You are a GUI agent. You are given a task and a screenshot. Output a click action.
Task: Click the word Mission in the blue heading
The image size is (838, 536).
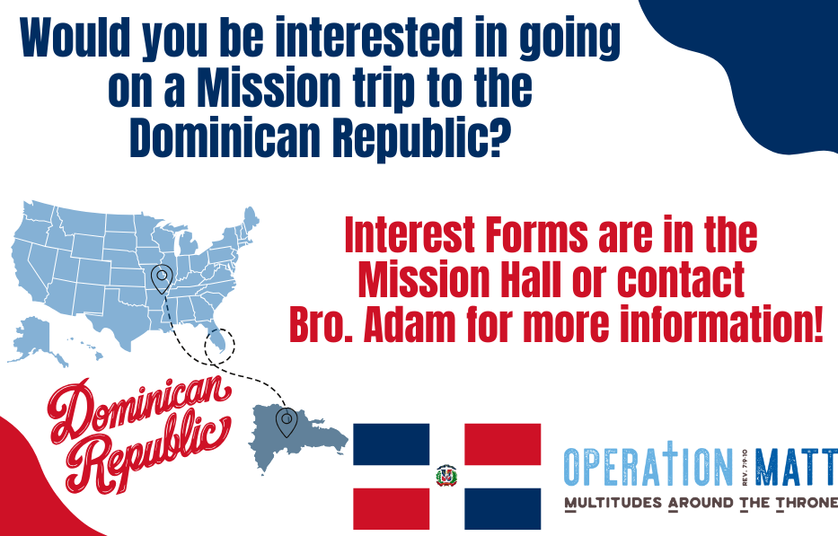(x=269, y=88)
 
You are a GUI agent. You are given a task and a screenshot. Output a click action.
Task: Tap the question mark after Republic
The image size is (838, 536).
(x=496, y=136)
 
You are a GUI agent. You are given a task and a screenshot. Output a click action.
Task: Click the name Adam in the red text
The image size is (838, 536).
(x=410, y=324)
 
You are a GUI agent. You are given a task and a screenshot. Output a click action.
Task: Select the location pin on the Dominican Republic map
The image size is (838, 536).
(x=287, y=422)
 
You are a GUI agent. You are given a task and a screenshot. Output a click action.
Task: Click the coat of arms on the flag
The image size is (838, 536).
(x=446, y=475)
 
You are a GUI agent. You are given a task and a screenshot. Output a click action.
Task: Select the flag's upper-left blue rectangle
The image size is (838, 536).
(x=392, y=444)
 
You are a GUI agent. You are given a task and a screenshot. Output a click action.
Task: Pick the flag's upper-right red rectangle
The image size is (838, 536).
(x=502, y=444)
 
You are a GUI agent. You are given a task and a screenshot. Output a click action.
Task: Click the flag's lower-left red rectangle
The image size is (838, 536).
(x=392, y=509)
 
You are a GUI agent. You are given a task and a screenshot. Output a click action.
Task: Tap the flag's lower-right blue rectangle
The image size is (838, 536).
(x=502, y=509)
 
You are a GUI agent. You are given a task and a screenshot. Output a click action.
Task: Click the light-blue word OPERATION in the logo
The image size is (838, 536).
(x=648, y=466)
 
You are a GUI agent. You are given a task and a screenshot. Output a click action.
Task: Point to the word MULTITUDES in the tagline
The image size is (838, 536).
(x=613, y=503)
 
